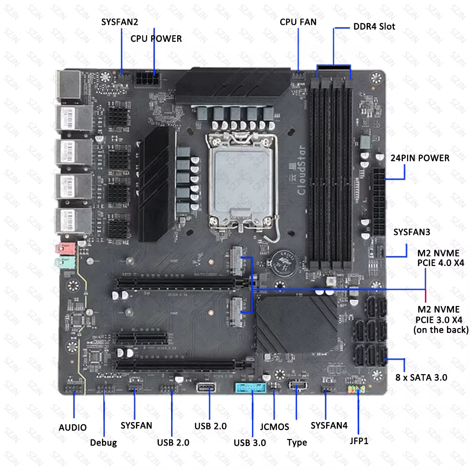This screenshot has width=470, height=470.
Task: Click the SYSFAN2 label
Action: click(120, 22)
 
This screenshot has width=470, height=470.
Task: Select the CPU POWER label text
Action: click(156, 39)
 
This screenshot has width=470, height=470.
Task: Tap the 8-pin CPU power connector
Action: click(147, 78)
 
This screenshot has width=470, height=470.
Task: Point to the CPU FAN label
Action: click(298, 22)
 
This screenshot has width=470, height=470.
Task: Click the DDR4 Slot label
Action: click(374, 26)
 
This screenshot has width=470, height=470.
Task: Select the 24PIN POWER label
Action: click(420, 158)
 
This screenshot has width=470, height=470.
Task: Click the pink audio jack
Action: click(64, 248)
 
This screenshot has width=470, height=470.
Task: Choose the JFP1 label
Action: click(359, 441)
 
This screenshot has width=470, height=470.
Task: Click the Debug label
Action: click(103, 442)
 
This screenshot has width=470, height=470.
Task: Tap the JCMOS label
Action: click(274, 427)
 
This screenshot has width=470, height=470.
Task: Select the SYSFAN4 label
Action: click(329, 425)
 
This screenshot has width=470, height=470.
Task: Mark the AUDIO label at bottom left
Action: click(72, 428)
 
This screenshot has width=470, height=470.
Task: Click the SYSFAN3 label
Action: click(412, 232)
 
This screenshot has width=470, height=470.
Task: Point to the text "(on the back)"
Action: click(441, 330)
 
